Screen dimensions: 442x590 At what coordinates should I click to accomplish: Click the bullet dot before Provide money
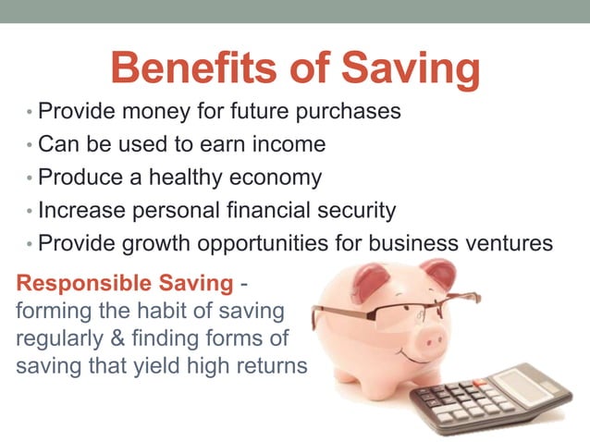(29, 114)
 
